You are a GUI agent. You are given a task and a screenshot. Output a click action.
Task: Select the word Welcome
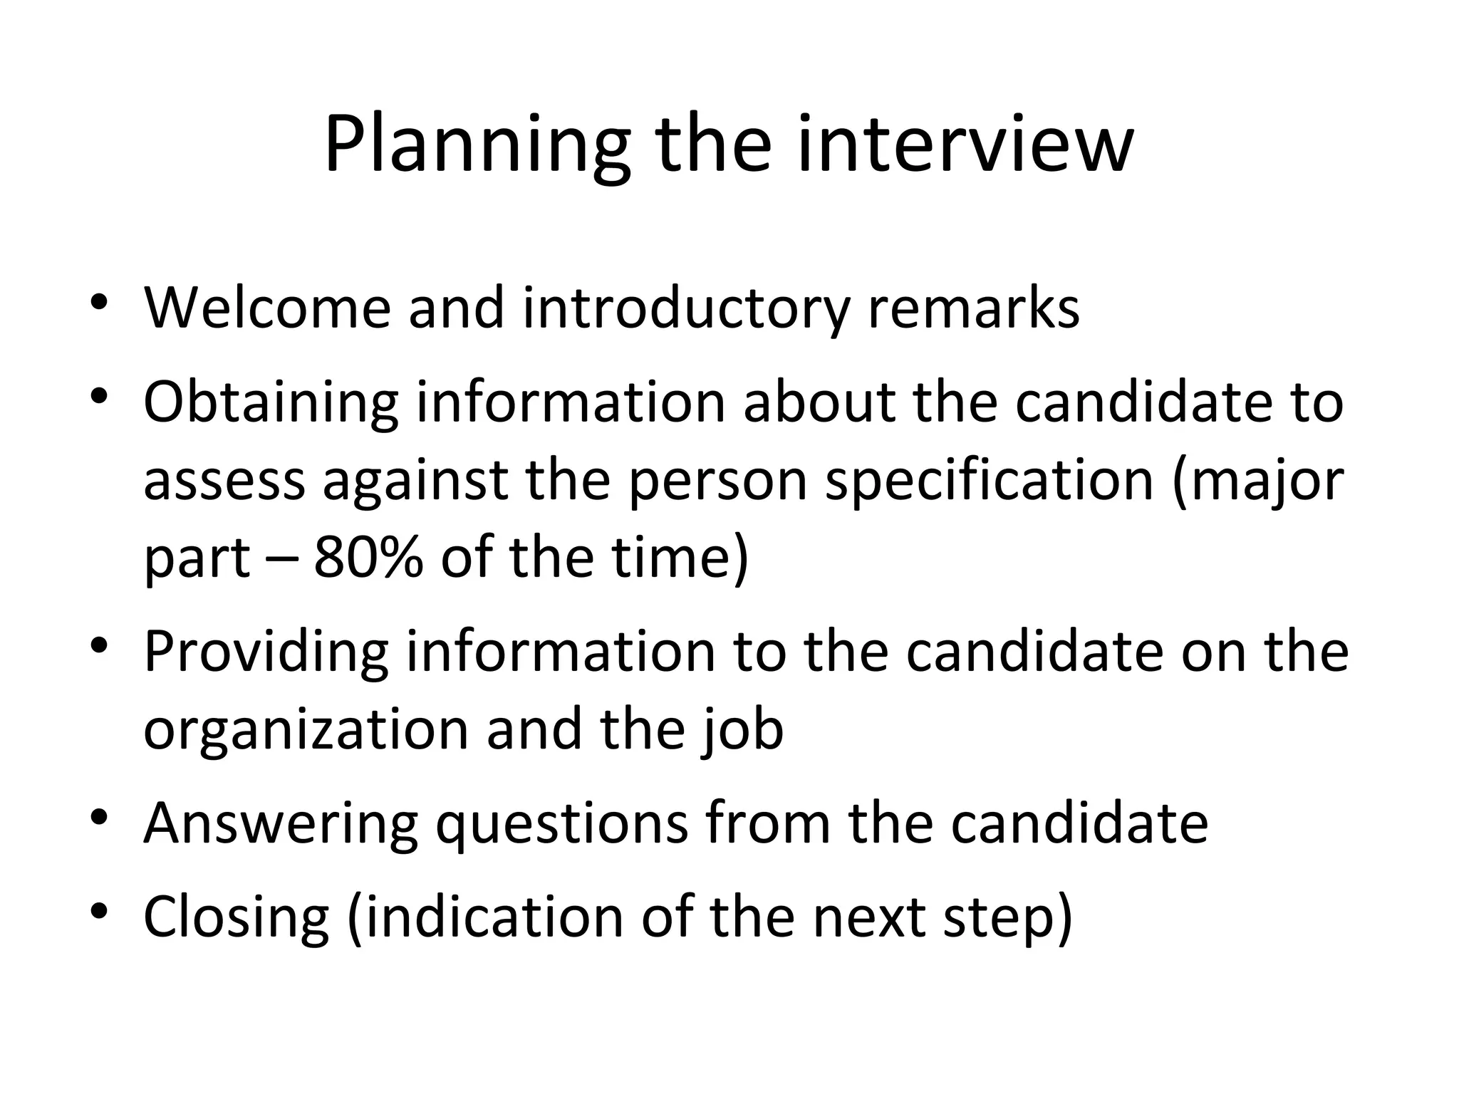tap(267, 308)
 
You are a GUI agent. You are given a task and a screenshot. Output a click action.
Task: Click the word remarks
tap(973, 308)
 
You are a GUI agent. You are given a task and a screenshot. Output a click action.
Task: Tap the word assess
tap(224, 481)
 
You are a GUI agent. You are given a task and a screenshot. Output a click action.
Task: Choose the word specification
tap(989, 482)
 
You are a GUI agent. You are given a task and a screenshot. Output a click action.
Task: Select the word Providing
tap(266, 653)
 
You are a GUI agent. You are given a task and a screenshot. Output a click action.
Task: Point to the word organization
tap(306, 731)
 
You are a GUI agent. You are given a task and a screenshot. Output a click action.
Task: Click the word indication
tap(495, 918)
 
